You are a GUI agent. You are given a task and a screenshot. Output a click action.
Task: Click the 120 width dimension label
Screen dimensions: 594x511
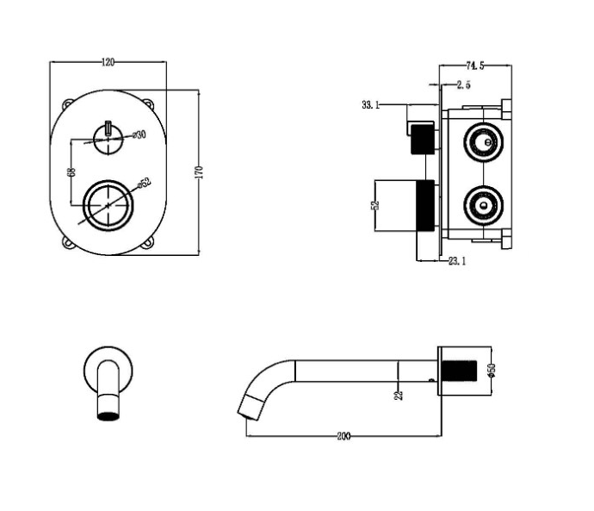(x=108, y=62)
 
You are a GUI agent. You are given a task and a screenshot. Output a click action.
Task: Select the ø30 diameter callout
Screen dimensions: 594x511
(x=139, y=134)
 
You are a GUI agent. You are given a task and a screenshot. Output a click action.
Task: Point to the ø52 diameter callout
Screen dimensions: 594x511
(x=145, y=183)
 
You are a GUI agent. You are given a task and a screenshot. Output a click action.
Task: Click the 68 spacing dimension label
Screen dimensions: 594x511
(x=71, y=171)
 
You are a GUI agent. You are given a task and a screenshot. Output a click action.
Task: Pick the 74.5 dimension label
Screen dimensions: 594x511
(x=475, y=65)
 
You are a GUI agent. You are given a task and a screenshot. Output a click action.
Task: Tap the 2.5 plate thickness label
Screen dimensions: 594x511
(x=464, y=85)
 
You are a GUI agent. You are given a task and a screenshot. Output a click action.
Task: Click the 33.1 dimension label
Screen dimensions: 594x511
(x=370, y=104)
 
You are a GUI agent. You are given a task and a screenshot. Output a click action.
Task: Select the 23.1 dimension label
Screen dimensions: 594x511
(x=457, y=261)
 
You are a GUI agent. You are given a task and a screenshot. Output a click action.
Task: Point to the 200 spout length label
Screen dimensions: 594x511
(x=344, y=436)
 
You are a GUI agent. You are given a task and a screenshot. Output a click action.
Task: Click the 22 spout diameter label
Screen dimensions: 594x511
(x=399, y=395)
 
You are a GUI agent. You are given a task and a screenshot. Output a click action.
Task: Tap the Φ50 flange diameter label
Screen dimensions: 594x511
(x=492, y=371)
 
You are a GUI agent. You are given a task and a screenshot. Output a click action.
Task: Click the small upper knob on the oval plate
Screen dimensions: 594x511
(x=108, y=140)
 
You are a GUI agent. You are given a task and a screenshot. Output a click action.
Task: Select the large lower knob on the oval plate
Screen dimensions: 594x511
(x=108, y=205)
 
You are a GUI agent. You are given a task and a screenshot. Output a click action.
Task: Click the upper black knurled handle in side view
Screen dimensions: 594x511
(x=423, y=139)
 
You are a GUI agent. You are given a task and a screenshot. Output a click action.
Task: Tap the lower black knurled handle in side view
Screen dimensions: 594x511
(x=425, y=205)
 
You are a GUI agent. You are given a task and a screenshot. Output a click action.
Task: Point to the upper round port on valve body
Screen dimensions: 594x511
(x=484, y=142)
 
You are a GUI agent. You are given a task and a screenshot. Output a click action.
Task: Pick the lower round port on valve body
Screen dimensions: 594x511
(x=484, y=205)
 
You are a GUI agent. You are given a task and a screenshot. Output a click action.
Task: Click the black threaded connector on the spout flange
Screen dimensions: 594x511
(x=460, y=371)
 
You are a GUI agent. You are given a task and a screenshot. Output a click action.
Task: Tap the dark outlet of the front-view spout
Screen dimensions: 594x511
(x=108, y=415)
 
